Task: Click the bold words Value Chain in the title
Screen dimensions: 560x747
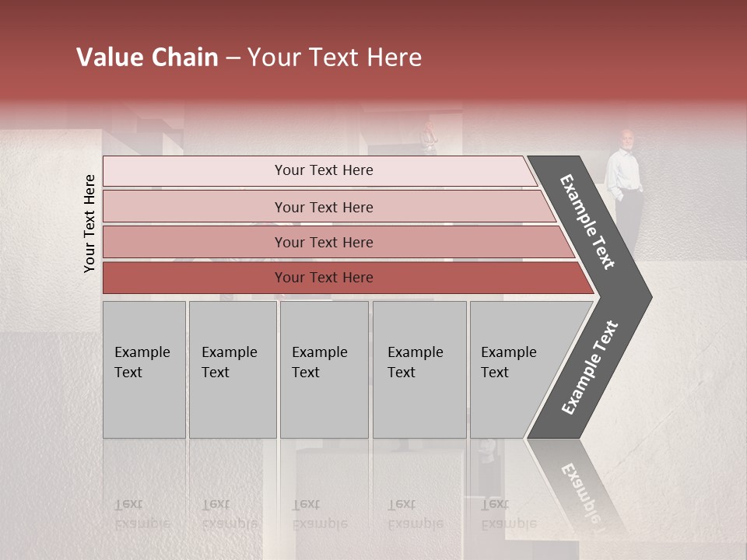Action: pyautogui.click(x=147, y=58)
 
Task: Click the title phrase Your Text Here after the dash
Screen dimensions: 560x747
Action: pyautogui.click(x=335, y=58)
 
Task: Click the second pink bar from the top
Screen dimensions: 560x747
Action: pyautogui.click(x=323, y=207)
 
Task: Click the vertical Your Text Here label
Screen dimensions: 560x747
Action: pyautogui.click(x=89, y=223)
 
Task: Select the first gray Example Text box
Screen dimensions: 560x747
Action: pyautogui.click(x=144, y=369)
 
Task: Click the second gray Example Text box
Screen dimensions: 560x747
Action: pyautogui.click(x=232, y=369)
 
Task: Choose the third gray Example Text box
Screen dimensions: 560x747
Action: pyautogui.click(x=324, y=369)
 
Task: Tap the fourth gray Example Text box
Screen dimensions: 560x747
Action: pyautogui.click(x=419, y=369)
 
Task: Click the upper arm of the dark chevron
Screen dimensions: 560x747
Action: pyautogui.click(x=588, y=222)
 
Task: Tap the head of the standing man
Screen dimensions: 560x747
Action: pyautogui.click(x=626, y=138)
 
